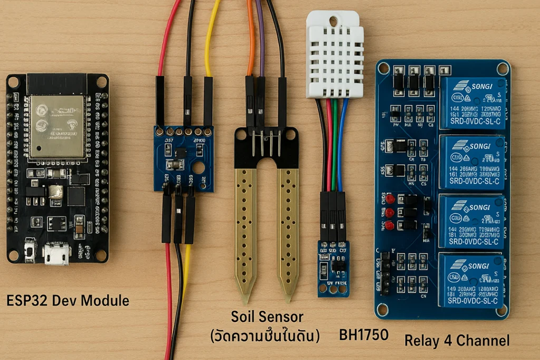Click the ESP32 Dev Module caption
[x=67, y=301]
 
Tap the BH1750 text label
[x=364, y=335]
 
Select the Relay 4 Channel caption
[x=457, y=340]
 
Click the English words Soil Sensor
[x=267, y=317]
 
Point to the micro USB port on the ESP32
[x=56, y=254]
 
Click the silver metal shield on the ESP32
[x=56, y=126]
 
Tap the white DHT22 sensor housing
[x=335, y=55]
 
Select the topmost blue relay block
[x=472, y=103]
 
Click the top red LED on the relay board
[x=390, y=199]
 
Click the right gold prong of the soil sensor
[x=288, y=227]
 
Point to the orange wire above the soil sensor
[x=250, y=37]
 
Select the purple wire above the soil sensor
[x=259, y=37]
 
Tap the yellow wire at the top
[x=211, y=37]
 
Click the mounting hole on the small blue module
[x=199, y=168]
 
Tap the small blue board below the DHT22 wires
[x=333, y=268]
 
